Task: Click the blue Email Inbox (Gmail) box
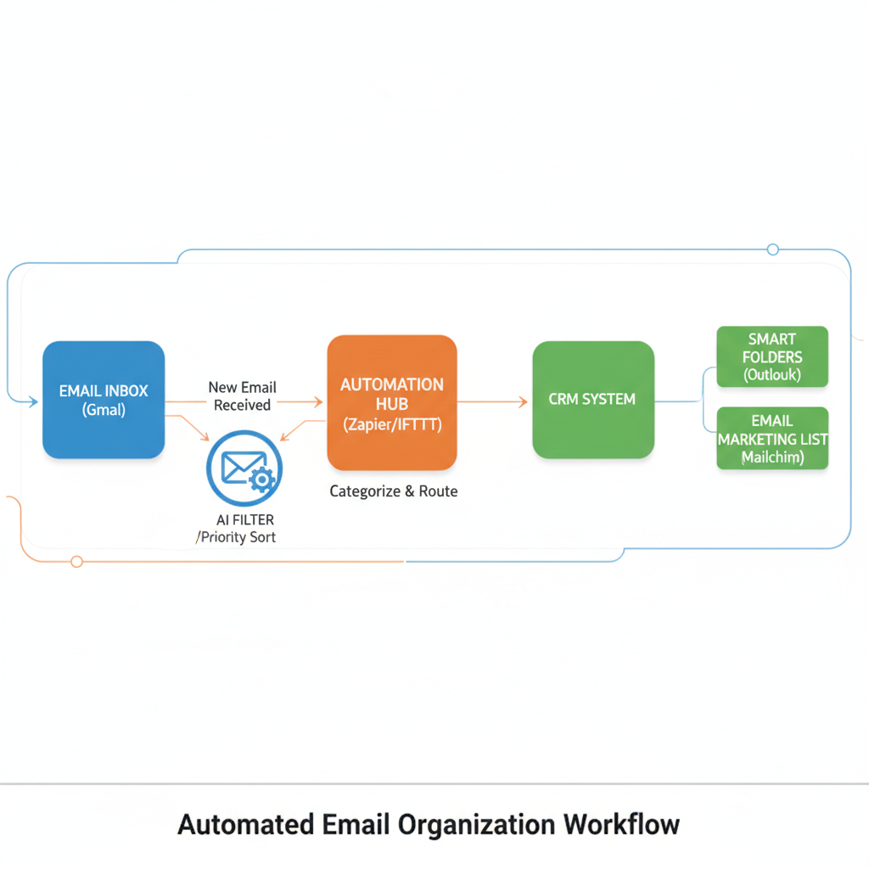point(104,400)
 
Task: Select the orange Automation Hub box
point(392,403)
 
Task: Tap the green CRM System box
point(593,400)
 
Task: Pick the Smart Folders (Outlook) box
point(772,356)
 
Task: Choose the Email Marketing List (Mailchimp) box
point(772,438)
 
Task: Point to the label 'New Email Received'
point(242,396)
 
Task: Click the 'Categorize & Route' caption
point(394,491)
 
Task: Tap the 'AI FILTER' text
point(245,519)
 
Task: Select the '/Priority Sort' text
point(236,537)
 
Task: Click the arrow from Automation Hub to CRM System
point(492,401)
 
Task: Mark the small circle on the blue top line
point(772,249)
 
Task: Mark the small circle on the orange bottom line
point(76,561)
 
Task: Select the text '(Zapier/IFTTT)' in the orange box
point(392,425)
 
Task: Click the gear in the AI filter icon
point(261,480)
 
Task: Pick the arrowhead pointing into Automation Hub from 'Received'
point(318,401)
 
